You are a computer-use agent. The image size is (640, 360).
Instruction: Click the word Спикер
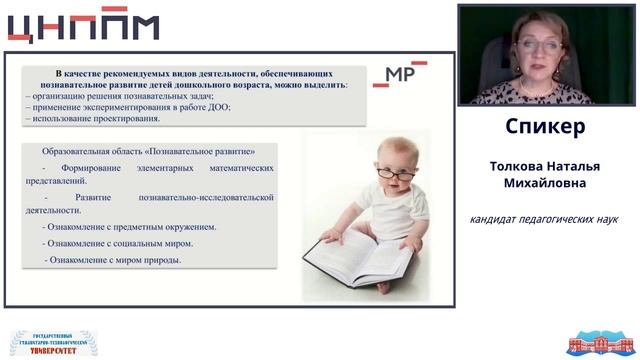click(x=547, y=128)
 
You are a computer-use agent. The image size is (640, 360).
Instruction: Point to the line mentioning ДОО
click(x=129, y=107)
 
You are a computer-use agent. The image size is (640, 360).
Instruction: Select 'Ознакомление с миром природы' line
click(x=113, y=260)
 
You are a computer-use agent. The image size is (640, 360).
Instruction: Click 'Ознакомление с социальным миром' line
click(x=118, y=243)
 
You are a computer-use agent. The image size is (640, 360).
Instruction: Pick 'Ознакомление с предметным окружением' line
click(x=129, y=227)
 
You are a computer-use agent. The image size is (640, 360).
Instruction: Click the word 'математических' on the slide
click(x=231, y=168)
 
